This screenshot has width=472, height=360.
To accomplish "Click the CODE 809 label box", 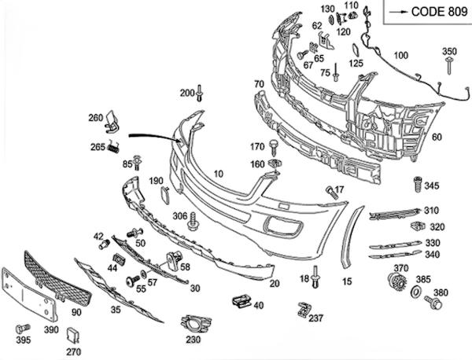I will [x=426, y=12].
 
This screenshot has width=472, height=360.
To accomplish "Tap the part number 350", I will [x=448, y=52].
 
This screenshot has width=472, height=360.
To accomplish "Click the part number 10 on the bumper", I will [x=218, y=173].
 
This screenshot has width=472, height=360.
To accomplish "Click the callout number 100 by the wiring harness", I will [x=400, y=55].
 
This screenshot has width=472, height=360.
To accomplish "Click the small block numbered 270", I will [x=73, y=337].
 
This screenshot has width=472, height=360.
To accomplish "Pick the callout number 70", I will [x=258, y=83].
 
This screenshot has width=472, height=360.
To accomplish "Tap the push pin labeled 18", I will [x=315, y=276].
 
